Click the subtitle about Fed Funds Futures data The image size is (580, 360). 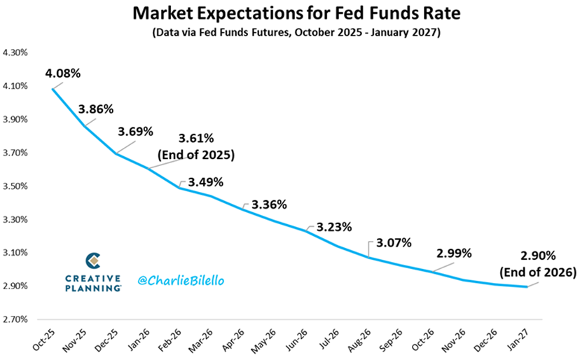pos(289,32)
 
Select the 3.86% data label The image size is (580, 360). pos(96,109)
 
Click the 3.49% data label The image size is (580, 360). pos(205,182)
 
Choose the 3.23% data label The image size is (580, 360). pos(333,227)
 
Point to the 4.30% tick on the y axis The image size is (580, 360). pos(16,53)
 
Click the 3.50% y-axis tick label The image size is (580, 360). pos(16,186)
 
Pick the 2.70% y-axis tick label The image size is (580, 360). pos(16,319)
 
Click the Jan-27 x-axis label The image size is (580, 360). pos(525,340)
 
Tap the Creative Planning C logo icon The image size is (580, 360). pos(92,261)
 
